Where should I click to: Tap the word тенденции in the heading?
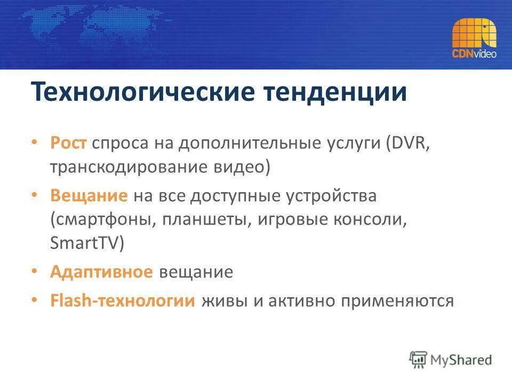coord(335,92)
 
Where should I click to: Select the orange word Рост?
coord(69,144)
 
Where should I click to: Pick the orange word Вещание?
coord(89,196)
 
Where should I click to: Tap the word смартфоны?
coord(102,220)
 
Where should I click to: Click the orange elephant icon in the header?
coord(474,34)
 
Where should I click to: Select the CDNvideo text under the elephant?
coord(474,54)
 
